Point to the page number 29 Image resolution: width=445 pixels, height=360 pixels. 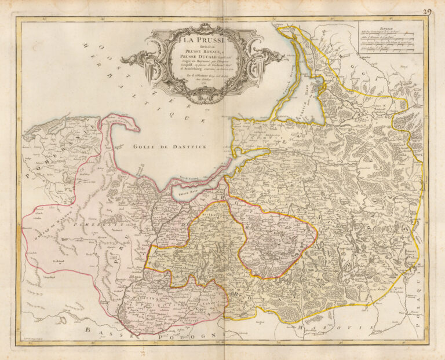(x=428, y=11)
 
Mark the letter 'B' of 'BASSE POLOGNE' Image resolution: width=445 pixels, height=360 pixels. (x=87, y=329)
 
